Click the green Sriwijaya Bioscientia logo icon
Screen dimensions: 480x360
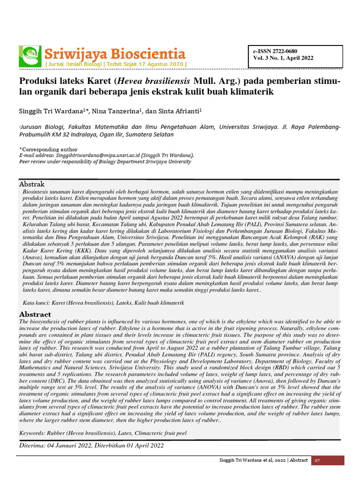click(30, 56)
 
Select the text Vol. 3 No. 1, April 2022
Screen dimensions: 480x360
click(283, 59)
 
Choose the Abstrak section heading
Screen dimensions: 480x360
click(31, 184)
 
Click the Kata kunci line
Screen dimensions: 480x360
click(103, 303)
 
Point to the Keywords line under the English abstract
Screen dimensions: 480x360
click(103, 433)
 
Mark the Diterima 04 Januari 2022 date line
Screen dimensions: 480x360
click(91, 445)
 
